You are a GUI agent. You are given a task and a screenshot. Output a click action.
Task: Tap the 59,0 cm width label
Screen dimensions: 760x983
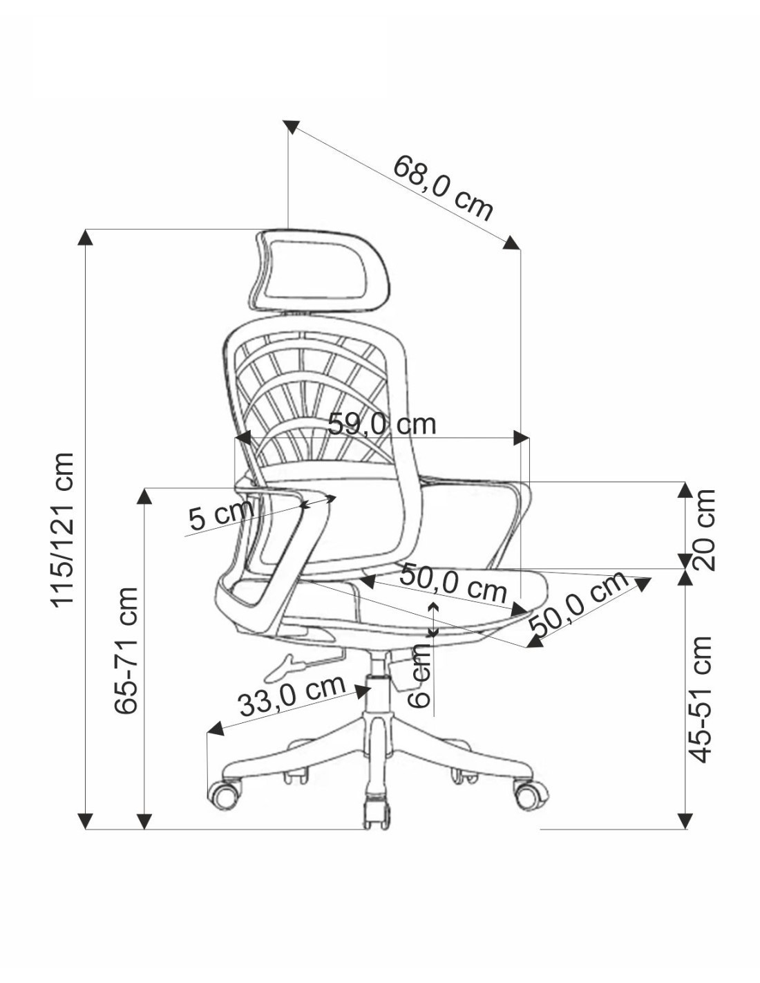pos(381,424)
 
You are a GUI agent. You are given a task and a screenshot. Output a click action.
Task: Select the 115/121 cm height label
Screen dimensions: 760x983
pos(62,530)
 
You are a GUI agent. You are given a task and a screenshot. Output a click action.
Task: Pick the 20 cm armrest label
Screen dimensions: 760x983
pos(703,530)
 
